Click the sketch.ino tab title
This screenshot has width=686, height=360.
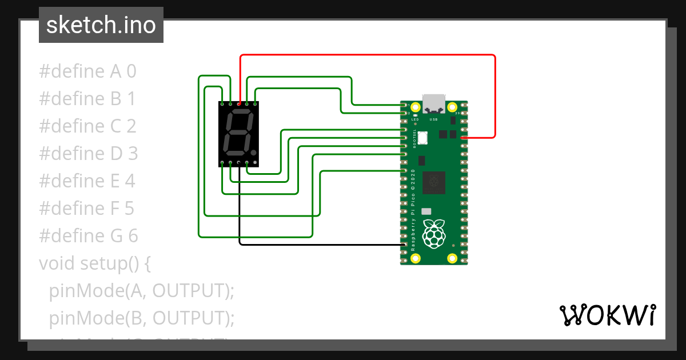click(101, 25)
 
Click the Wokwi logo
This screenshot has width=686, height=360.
click(607, 315)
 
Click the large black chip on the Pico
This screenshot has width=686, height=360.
click(434, 183)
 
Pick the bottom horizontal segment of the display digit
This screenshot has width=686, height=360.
click(234, 153)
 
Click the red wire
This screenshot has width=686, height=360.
click(366, 55)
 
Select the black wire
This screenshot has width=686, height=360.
click(320, 245)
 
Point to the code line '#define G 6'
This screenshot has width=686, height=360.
click(89, 235)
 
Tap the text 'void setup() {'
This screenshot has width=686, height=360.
click(94, 263)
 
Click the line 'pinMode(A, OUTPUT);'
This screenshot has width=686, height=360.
click(142, 290)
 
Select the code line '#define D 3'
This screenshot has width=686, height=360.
click(89, 154)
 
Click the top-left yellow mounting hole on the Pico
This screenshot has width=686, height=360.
click(416, 107)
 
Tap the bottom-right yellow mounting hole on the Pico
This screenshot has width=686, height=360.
click(452, 258)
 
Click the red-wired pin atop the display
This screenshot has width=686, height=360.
click(239, 104)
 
